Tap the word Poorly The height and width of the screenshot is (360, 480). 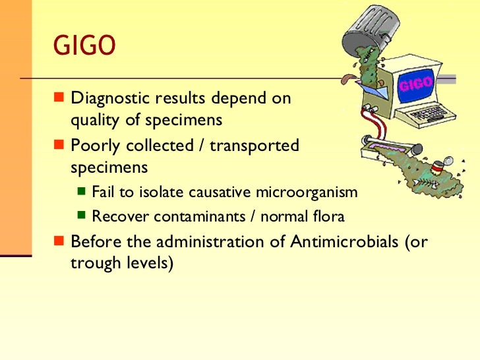pos(93,145)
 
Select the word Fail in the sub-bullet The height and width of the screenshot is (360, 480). pos(103,193)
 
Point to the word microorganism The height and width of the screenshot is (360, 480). pos(315,193)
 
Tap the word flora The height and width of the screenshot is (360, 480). pos(328,216)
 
